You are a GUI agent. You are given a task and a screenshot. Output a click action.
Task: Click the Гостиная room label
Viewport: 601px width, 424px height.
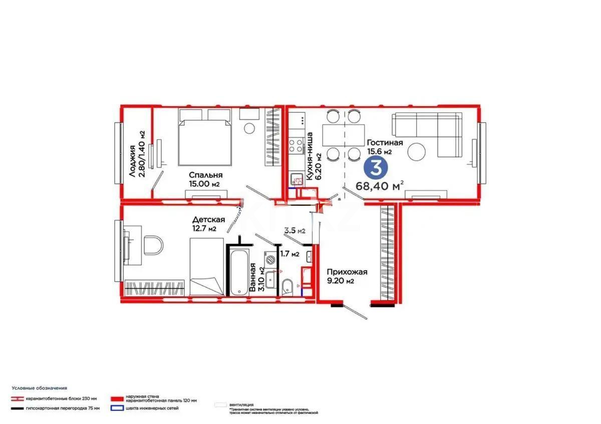pos(384,143)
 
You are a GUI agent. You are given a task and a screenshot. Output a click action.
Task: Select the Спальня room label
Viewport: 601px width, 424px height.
pos(205,175)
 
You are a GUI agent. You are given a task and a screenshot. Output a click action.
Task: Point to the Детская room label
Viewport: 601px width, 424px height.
pos(208,220)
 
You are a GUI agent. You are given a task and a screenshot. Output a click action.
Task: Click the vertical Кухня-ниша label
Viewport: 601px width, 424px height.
pos(310,156)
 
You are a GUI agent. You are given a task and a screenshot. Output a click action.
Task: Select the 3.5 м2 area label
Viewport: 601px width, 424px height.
pos(294,231)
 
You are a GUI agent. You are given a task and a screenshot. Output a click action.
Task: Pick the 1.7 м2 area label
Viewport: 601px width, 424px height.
pos(289,254)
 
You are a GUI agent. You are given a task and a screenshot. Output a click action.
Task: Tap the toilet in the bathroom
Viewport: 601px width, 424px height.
pos(287,287)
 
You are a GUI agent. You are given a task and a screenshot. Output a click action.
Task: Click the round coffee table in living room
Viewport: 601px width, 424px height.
pos(417,152)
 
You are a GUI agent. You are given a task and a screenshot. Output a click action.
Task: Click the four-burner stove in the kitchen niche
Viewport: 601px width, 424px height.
pos(295,145)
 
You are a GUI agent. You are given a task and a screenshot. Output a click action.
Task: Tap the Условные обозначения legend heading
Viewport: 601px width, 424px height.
pos(40,388)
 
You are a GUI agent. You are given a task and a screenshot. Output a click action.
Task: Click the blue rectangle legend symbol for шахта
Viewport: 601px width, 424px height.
pos(117,408)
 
